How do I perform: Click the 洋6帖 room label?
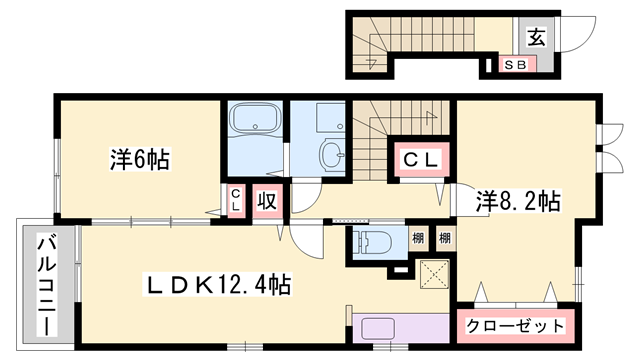point(138,158)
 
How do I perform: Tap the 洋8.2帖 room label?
point(517,200)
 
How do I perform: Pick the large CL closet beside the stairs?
point(417,159)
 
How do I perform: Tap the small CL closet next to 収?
point(235,199)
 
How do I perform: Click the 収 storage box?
point(265,200)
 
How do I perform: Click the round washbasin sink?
point(330,153)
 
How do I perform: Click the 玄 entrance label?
point(536,38)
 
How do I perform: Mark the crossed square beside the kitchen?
point(435,274)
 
